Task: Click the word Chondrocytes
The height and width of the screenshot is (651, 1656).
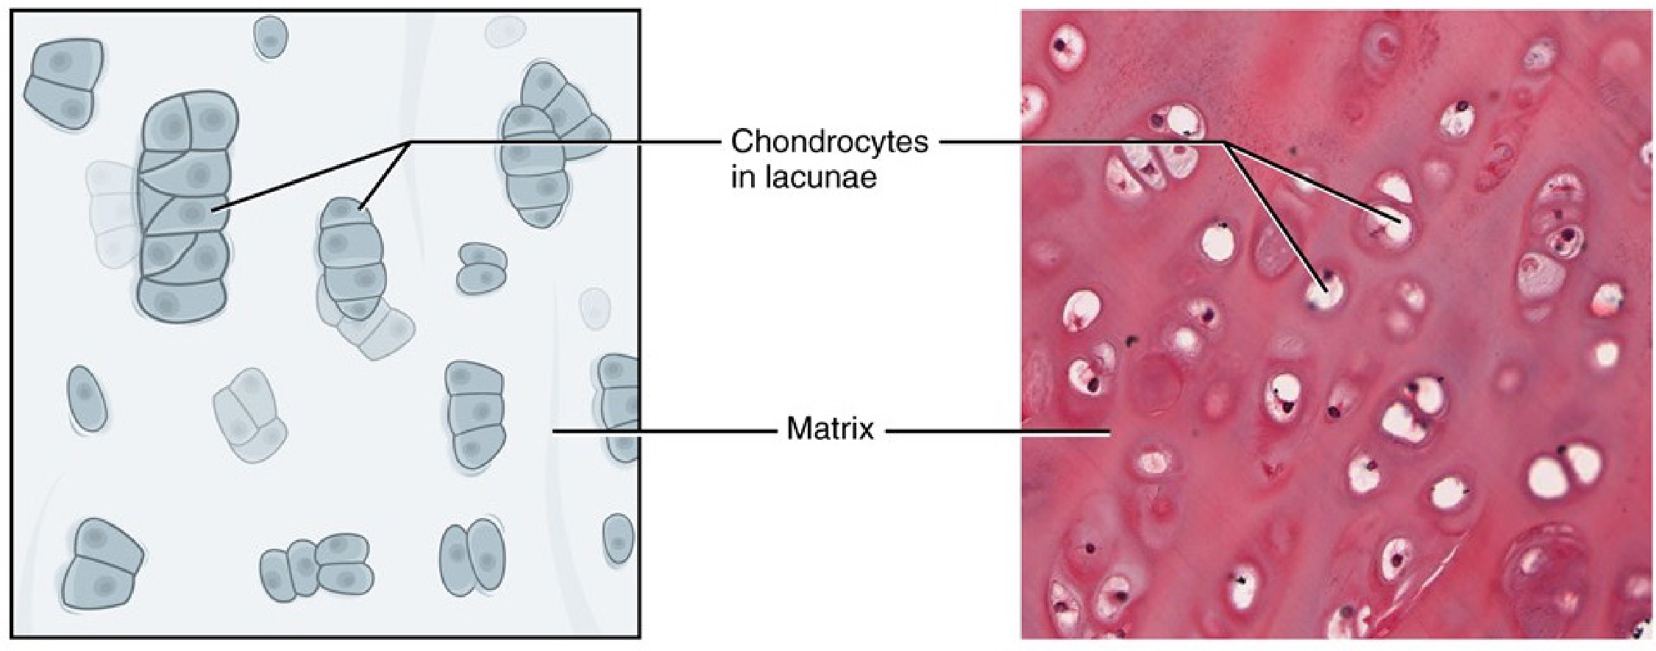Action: [x=829, y=141]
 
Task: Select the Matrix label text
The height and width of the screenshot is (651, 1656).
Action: [x=830, y=428]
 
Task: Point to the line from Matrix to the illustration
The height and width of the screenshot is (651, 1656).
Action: [x=662, y=431]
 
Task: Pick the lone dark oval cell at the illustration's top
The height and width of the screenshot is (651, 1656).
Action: [x=270, y=36]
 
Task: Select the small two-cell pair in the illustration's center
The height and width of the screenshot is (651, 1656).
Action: [x=482, y=268]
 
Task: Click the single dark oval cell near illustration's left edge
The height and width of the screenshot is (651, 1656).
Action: [x=86, y=397]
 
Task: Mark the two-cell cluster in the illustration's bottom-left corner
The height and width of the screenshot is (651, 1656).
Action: [x=102, y=563]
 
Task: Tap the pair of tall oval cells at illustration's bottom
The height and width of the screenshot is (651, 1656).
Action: [x=473, y=557]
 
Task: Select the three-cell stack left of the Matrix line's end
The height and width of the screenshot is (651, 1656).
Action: [x=475, y=414]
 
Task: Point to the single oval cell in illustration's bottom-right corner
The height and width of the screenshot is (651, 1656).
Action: [x=618, y=538]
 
